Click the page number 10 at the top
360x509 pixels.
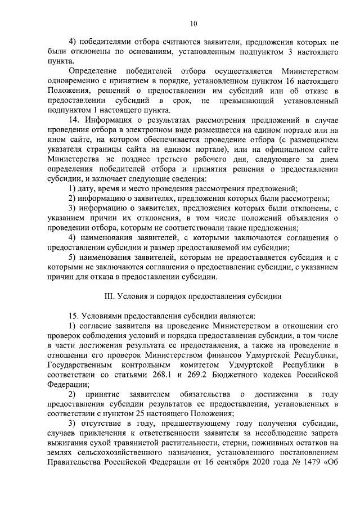point(193,24)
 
